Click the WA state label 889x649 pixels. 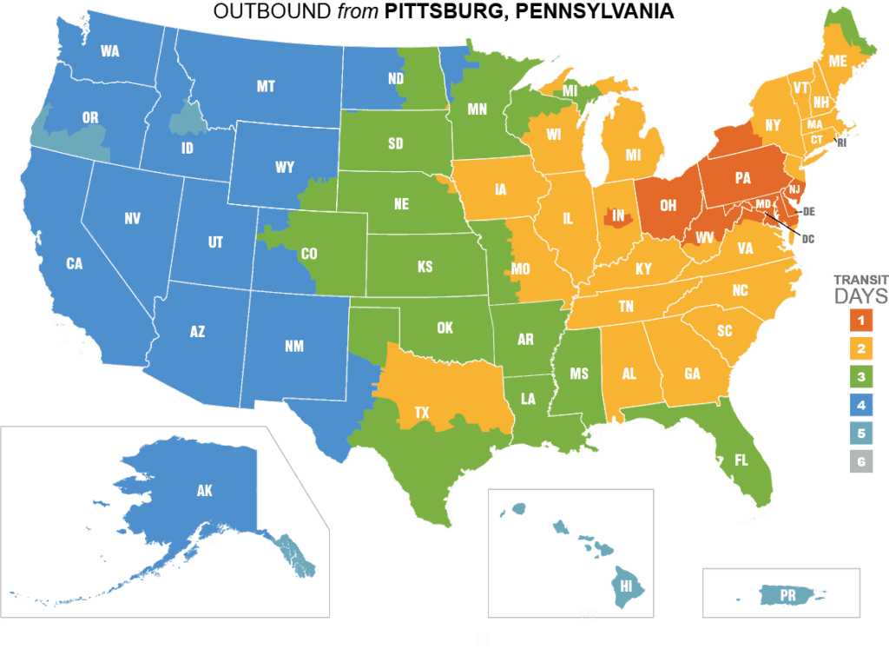[109, 51]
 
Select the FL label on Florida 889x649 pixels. [741, 460]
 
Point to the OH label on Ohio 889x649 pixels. [668, 206]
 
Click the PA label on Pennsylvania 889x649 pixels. [742, 179]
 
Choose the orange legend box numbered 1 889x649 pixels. [861, 321]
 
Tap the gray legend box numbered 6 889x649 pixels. [861, 461]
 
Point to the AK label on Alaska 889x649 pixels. [204, 491]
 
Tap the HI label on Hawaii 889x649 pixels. [625, 586]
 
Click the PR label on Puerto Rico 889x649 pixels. [787, 595]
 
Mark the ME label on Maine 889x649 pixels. [838, 61]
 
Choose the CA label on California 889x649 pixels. [74, 262]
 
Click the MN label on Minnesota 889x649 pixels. [477, 109]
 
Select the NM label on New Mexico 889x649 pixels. [293, 347]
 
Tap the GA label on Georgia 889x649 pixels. [692, 374]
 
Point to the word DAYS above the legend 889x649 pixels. [861, 297]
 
